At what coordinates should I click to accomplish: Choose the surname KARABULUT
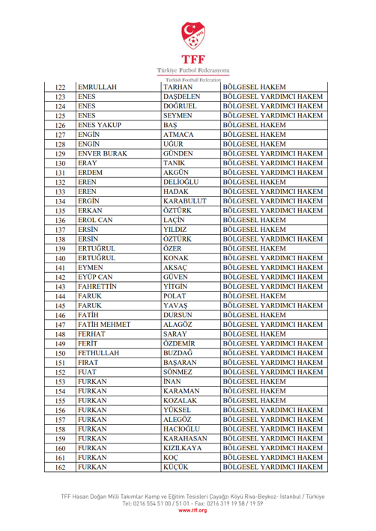coord(187,201)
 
